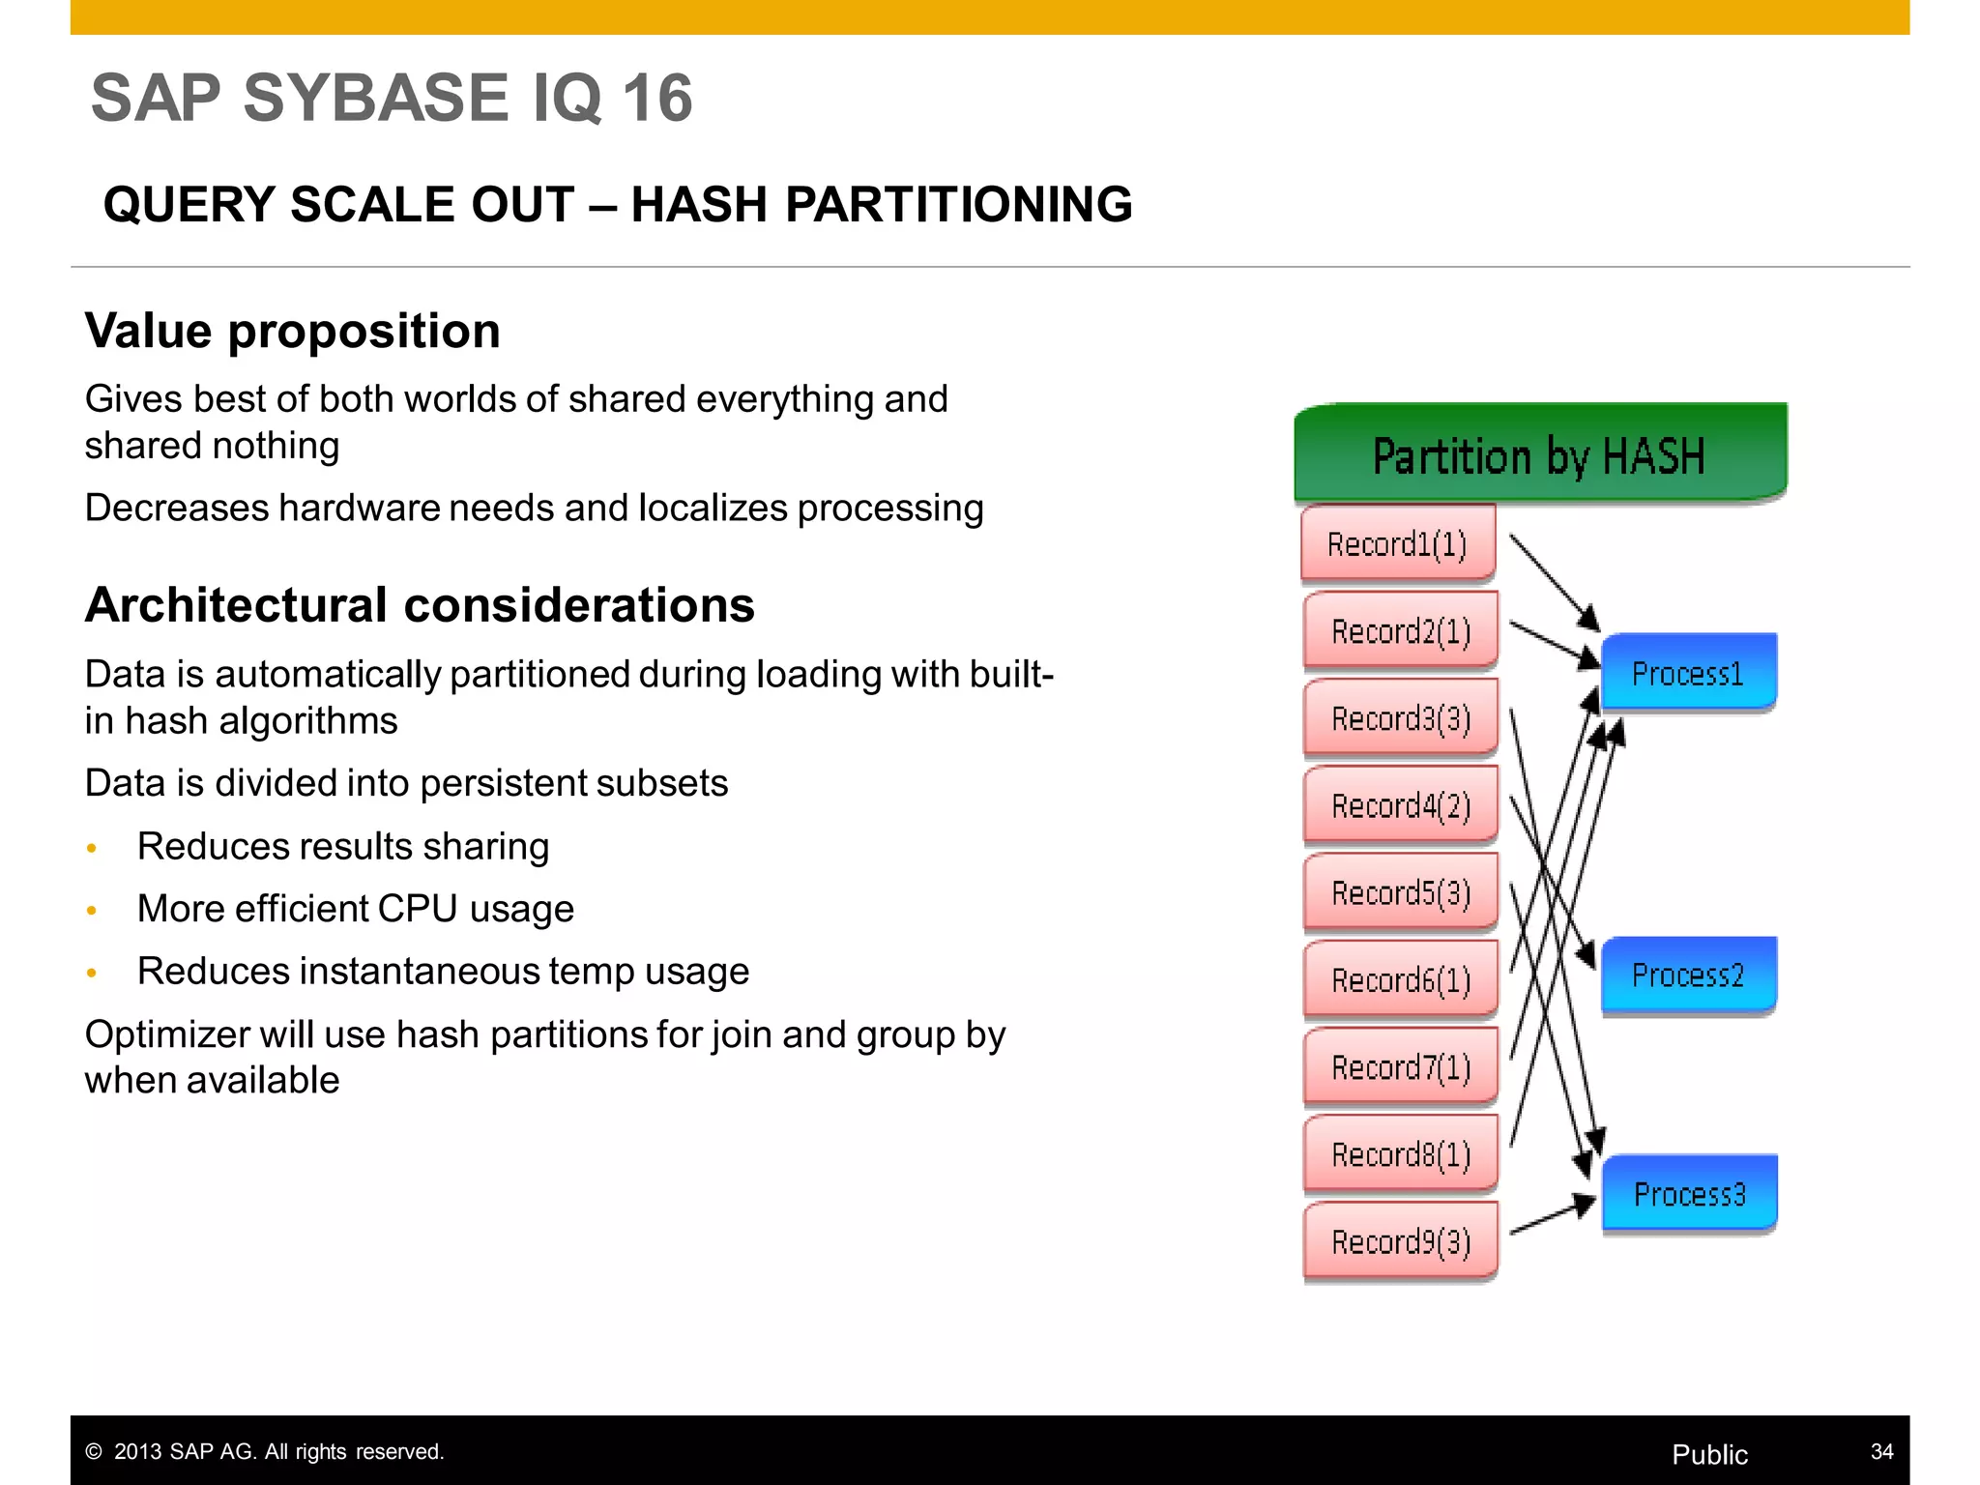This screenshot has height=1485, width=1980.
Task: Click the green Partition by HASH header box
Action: point(1539,452)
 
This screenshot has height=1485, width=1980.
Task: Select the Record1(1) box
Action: point(1397,544)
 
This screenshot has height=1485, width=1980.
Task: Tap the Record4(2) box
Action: point(1400,805)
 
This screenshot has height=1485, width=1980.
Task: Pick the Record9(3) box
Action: point(1400,1241)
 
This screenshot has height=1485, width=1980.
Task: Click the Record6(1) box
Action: point(1400,979)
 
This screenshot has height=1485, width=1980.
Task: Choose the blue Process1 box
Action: point(1688,673)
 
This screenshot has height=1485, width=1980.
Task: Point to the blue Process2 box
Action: point(1688,975)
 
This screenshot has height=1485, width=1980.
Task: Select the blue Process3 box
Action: point(1689,1194)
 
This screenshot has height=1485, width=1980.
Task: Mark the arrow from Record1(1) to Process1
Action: point(1553,582)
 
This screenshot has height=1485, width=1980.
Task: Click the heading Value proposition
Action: point(292,331)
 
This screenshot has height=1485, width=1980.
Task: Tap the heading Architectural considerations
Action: point(419,605)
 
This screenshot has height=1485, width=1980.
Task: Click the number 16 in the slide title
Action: point(656,98)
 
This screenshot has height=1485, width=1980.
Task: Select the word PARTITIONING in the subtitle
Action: point(957,205)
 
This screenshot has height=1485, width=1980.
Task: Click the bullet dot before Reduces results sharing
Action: point(92,848)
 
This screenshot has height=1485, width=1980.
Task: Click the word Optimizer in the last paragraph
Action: point(165,1034)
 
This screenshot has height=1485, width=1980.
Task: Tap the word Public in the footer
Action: point(1709,1454)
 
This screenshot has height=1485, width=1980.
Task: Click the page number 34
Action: point(1881,1451)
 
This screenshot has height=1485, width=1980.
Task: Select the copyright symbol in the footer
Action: point(94,1452)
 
